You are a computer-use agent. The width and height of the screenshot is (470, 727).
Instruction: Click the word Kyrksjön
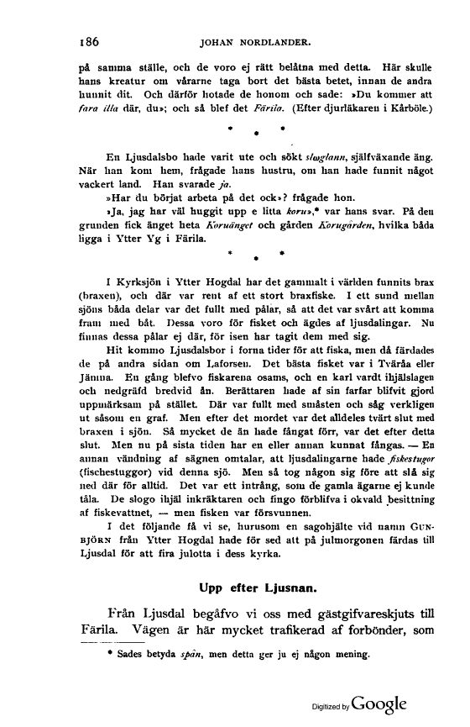(x=140, y=282)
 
